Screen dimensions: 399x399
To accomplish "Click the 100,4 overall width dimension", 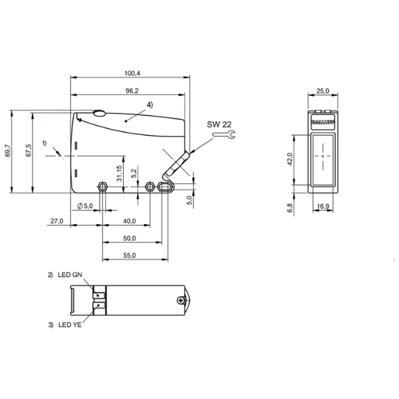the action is tap(132, 73).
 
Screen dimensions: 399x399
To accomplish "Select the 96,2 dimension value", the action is tap(132, 91).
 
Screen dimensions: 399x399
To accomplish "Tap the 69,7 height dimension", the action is tap(7, 150).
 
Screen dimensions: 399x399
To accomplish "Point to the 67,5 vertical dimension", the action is tap(29, 150).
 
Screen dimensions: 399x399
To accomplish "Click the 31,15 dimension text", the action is tap(119, 174).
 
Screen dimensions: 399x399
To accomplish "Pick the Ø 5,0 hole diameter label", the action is tap(84, 205).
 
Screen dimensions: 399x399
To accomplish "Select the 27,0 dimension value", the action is tap(57, 221).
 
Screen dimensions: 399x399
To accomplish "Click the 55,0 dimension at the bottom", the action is tap(129, 255).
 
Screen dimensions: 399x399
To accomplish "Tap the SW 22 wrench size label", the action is tap(219, 124).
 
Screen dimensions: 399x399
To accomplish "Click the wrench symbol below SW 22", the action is tap(224, 134).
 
